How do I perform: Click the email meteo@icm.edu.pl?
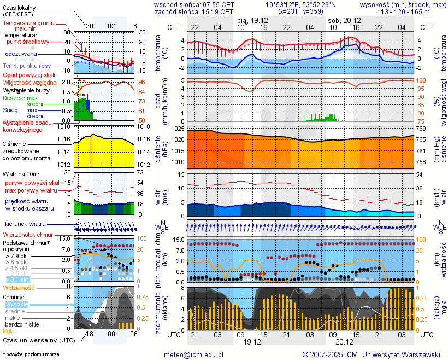(x=194, y=354)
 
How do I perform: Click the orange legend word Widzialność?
(x=19, y=287)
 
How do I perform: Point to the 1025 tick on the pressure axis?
(x=176, y=129)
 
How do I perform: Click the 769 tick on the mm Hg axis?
(x=421, y=129)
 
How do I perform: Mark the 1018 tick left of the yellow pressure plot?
(x=64, y=126)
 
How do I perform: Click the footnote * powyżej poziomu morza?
(x=30, y=354)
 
